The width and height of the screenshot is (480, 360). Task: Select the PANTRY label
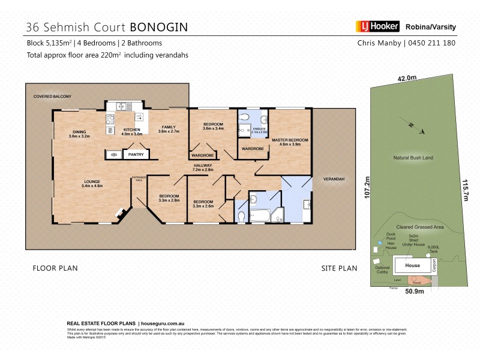pyautogui.click(x=136, y=155)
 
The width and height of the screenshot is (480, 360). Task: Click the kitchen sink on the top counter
pyautogui.click(x=123, y=106)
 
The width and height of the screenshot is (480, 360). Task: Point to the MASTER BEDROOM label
pyautogui.click(x=290, y=142)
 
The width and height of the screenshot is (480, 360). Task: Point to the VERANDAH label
pyautogui.click(x=334, y=179)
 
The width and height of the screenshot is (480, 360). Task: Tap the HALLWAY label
pyautogui.click(x=203, y=167)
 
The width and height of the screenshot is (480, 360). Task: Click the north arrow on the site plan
pyautogui.click(x=415, y=127)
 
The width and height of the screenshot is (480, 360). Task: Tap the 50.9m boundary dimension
pyautogui.click(x=415, y=292)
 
